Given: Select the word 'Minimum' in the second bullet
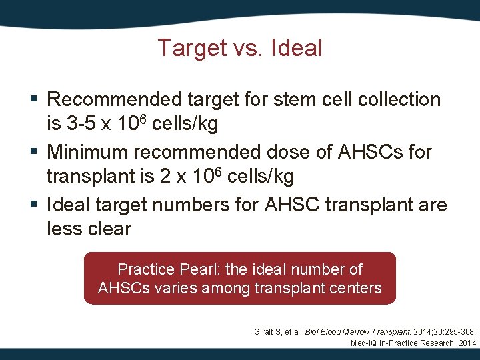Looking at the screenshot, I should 89,152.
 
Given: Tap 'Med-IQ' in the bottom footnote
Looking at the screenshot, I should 365,343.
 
